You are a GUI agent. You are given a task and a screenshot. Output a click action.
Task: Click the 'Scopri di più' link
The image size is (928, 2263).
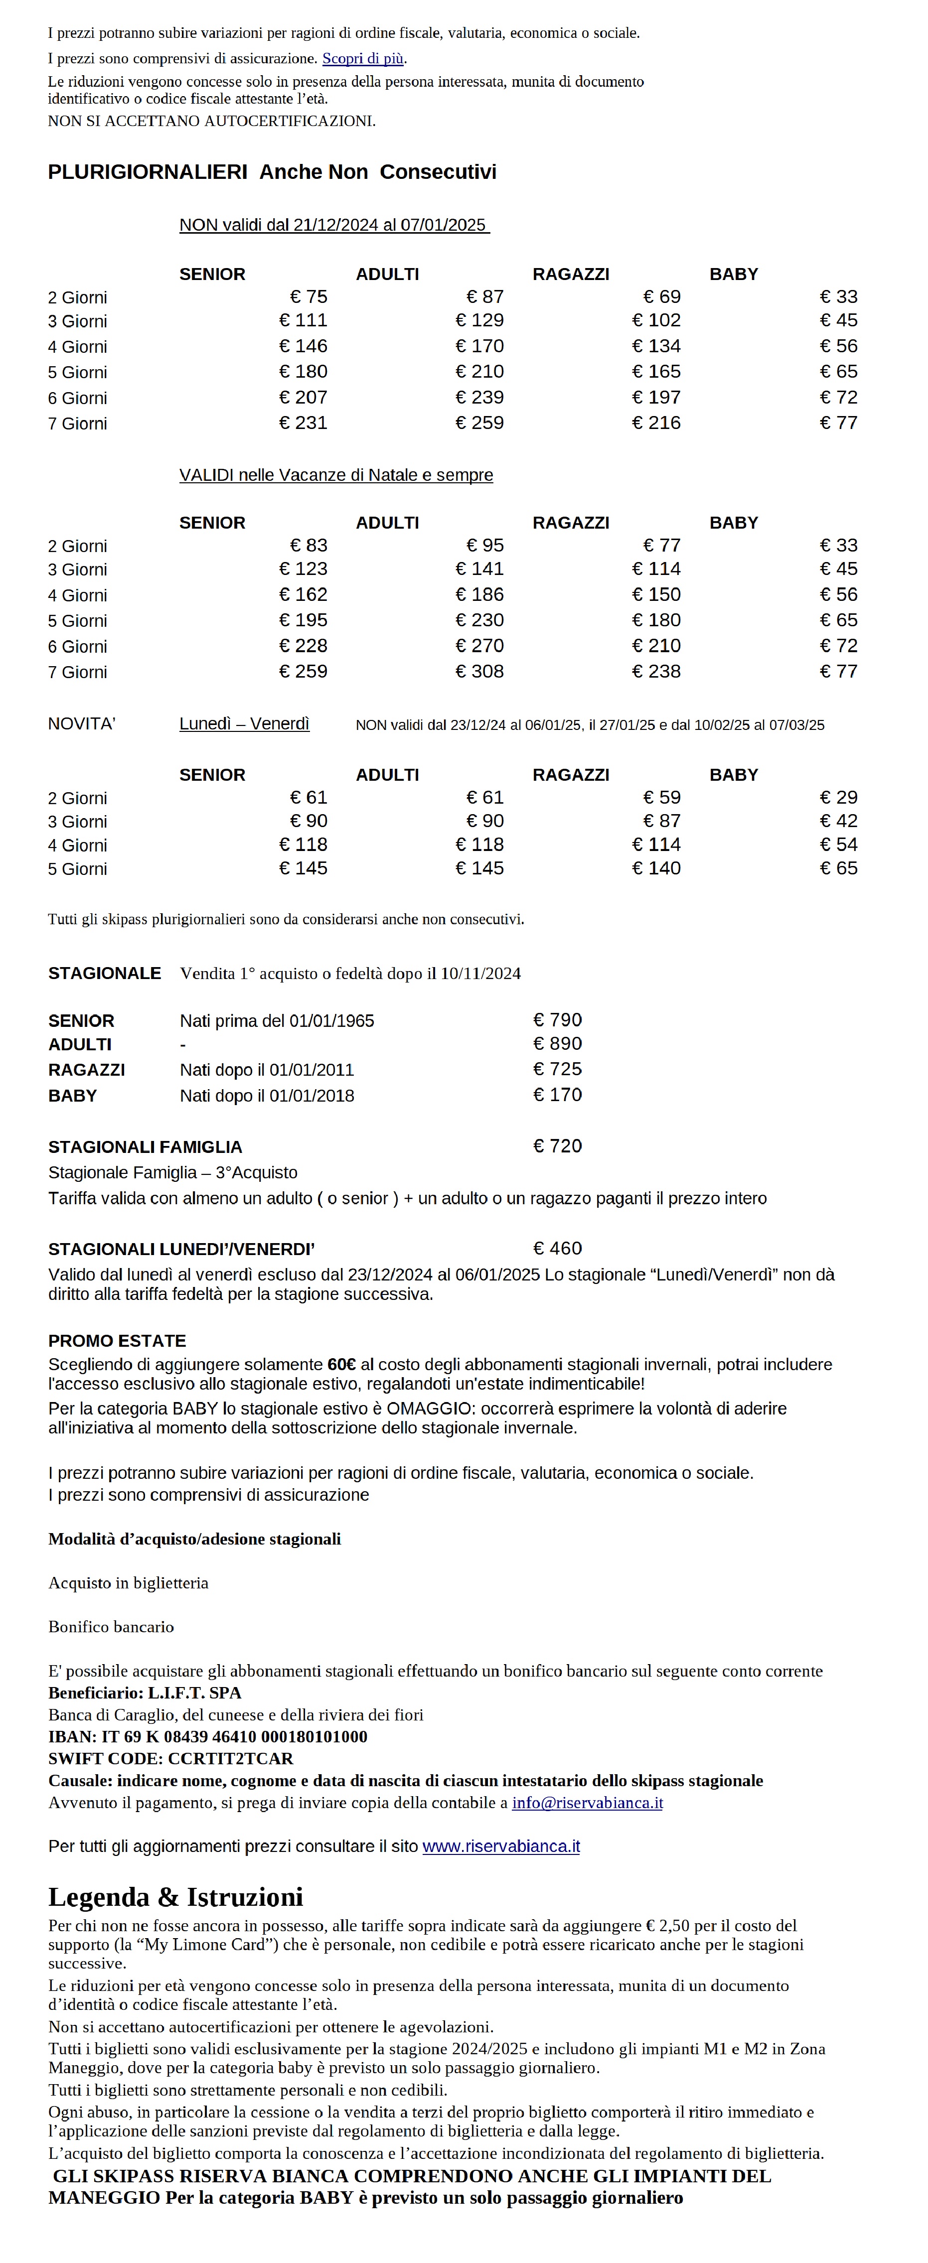(363, 59)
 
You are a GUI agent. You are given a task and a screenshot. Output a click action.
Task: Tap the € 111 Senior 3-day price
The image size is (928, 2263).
(303, 321)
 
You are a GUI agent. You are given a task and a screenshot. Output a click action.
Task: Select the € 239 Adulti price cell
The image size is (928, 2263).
(480, 398)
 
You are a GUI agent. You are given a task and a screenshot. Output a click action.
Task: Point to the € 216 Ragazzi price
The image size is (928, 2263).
(656, 424)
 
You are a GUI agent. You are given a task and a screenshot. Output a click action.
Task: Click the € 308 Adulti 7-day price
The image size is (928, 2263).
(480, 672)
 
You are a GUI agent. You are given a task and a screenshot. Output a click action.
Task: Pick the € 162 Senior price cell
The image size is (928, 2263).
(303, 595)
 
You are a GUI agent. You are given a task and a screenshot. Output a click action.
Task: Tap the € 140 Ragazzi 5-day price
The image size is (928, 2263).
(656, 869)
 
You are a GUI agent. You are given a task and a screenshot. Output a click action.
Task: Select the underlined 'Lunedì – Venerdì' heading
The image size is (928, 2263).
(244, 724)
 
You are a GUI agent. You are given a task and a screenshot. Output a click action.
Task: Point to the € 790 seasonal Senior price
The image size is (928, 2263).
(557, 1020)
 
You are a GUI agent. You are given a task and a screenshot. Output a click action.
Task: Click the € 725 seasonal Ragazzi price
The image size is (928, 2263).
(557, 1069)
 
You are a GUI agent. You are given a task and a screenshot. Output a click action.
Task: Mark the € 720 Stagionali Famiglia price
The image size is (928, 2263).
(557, 1146)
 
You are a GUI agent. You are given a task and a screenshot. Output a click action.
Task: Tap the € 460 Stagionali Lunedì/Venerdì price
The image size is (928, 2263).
(557, 1249)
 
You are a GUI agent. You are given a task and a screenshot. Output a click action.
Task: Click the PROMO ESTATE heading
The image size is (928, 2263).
(117, 1341)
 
